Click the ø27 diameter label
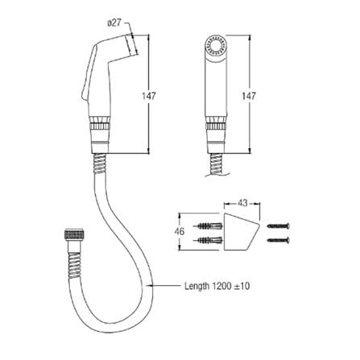(x=114, y=23)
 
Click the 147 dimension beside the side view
(x=149, y=96)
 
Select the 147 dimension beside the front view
(x=249, y=96)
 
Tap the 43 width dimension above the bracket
(x=242, y=203)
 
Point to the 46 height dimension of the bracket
(x=180, y=231)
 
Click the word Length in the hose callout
(x=197, y=286)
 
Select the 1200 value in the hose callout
(x=221, y=286)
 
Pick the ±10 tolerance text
(x=242, y=286)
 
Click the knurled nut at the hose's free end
(x=76, y=234)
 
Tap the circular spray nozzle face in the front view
(x=216, y=45)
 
